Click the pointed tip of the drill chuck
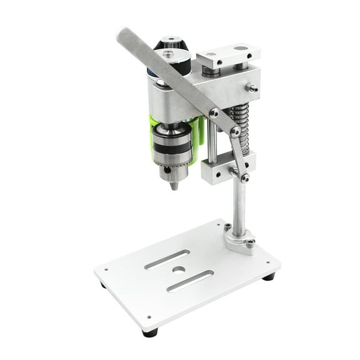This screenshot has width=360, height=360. coord(174,186)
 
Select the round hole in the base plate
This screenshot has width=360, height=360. coord(179,269)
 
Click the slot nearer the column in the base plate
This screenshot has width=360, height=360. coord(167,259)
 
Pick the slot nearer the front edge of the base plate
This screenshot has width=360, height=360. coord(190,281)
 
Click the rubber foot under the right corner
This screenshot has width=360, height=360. coord(268,276)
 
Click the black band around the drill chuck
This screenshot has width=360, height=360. coord(172,149)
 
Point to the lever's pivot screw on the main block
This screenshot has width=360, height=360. coord(214,113)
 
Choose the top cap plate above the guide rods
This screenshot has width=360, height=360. coord(227,56)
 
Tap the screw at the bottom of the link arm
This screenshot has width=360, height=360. coord(244,177)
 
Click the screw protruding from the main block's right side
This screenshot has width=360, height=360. coord(252,88)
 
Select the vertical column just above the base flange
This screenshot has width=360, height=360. coord(239,209)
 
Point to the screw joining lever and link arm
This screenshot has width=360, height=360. coord(235,131)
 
